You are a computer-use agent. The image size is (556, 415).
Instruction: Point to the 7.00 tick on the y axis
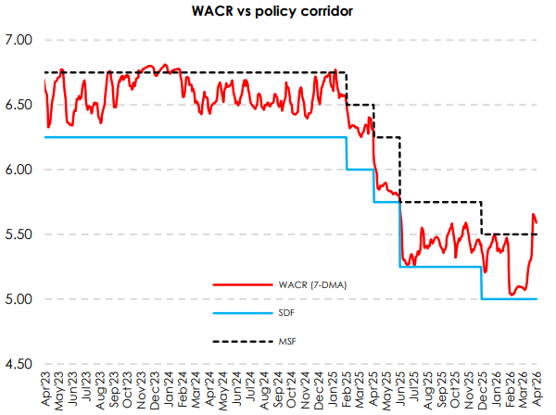pos(19,40)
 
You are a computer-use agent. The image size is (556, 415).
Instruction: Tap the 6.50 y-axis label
pos(19,105)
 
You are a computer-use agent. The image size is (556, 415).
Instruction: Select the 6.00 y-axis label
pos(19,170)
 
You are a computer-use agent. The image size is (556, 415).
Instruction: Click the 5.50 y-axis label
pos(19,234)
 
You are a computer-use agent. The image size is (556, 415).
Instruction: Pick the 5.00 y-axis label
pos(19,299)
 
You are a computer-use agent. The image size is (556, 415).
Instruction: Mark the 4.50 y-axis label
pos(19,364)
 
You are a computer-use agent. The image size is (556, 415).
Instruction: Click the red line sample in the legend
pos(233,284)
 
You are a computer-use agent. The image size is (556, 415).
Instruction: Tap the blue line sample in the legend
pos(233,314)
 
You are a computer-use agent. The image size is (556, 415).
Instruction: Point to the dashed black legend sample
pos(233,344)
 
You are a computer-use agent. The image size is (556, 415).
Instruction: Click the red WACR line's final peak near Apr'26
pos(533,215)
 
